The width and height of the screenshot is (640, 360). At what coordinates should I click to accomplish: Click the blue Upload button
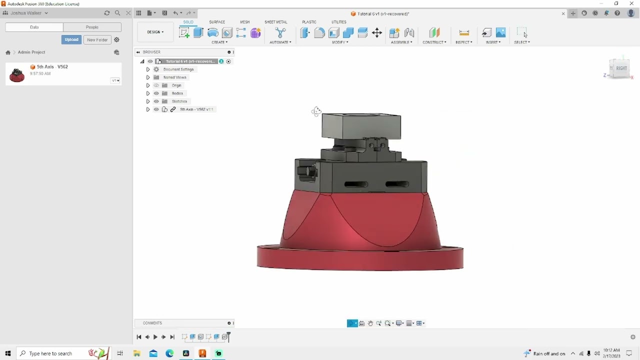click(71, 39)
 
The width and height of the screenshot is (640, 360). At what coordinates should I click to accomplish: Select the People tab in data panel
click(92, 27)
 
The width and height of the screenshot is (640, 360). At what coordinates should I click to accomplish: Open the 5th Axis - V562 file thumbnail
click(17, 74)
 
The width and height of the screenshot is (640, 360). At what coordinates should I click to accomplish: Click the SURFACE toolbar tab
click(217, 22)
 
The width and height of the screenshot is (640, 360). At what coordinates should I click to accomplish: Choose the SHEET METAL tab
click(275, 22)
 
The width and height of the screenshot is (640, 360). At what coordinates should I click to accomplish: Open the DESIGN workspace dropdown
click(155, 32)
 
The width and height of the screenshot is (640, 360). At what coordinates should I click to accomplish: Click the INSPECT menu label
click(463, 42)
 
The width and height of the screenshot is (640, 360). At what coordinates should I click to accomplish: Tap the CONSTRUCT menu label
click(434, 42)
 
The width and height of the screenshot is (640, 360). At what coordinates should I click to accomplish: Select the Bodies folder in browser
click(177, 93)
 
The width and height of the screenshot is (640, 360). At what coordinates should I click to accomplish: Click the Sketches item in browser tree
click(179, 101)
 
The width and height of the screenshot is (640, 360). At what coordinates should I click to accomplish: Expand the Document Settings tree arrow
click(148, 69)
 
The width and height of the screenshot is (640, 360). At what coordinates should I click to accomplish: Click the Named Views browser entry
click(174, 77)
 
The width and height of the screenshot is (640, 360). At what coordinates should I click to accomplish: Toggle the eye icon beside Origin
click(156, 85)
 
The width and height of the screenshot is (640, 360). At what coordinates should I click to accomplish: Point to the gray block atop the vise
click(361, 125)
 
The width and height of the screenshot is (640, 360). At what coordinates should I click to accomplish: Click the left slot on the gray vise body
click(356, 184)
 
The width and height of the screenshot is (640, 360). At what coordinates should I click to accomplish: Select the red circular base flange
click(360, 258)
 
